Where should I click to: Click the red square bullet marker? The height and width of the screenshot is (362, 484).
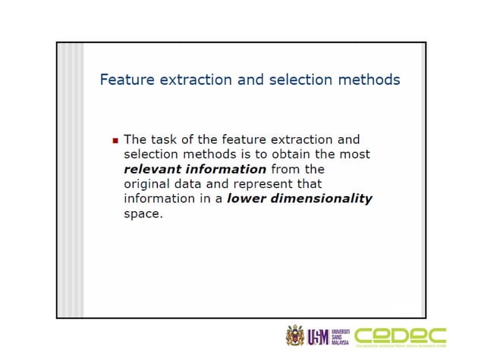(115, 141)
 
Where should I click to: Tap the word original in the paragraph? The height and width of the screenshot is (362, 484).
(147, 183)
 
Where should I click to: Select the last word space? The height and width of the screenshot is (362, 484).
(143, 214)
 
